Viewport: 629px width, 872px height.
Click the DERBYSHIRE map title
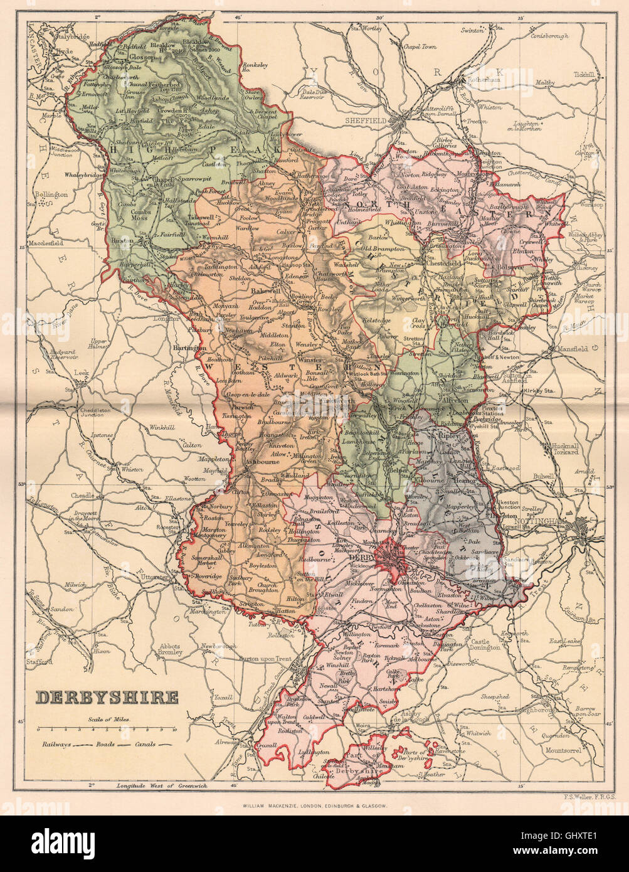click(106, 697)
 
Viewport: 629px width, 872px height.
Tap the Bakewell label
click(265, 292)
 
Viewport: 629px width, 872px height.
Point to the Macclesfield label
click(49, 243)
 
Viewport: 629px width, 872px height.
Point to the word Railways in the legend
click(56, 744)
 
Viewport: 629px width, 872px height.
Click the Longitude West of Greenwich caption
click(157, 785)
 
